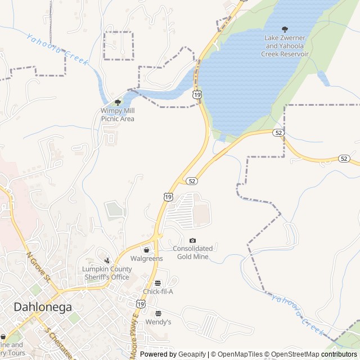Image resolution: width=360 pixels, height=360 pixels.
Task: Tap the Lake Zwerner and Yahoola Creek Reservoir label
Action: pyautogui.click(x=285, y=46)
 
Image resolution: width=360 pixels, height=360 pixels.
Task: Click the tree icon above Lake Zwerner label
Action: pyautogui.click(x=285, y=29)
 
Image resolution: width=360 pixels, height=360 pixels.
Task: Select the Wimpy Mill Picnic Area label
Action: pyautogui.click(x=118, y=115)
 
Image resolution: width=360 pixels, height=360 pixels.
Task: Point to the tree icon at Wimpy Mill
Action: pyautogui.click(x=118, y=102)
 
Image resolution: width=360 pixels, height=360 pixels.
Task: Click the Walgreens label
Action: pyautogui.click(x=146, y=259)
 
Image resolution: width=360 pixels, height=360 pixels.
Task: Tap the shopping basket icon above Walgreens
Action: pyautogui.click(x=146, y=250)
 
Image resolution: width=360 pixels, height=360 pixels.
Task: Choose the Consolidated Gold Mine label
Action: pyautogui.click(x=193, y=253)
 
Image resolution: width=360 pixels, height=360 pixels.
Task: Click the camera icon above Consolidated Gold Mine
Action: pyautogui.click(x=193, y=241)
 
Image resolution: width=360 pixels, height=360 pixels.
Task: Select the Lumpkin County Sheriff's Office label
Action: pyautogui.click(x=107, y=273)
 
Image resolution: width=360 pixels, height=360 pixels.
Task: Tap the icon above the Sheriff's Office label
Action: pyautogui.click(x=107, y=260)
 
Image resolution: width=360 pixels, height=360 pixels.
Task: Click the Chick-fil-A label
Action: pyautogui.click(x=157, y=291)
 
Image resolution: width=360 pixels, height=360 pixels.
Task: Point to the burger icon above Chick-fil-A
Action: pyautogui.click(x=157, y=283)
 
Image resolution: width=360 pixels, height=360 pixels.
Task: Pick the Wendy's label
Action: pyautogui.click(x=158, y=322)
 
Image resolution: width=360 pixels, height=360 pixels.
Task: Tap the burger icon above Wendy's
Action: pyautogui.click(x=158, y=313)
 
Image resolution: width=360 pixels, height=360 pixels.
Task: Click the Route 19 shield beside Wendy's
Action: pyautogui.click(x=140, y=304)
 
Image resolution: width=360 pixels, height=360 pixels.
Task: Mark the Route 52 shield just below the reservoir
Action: pyautogui.click(x=277, y=133)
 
